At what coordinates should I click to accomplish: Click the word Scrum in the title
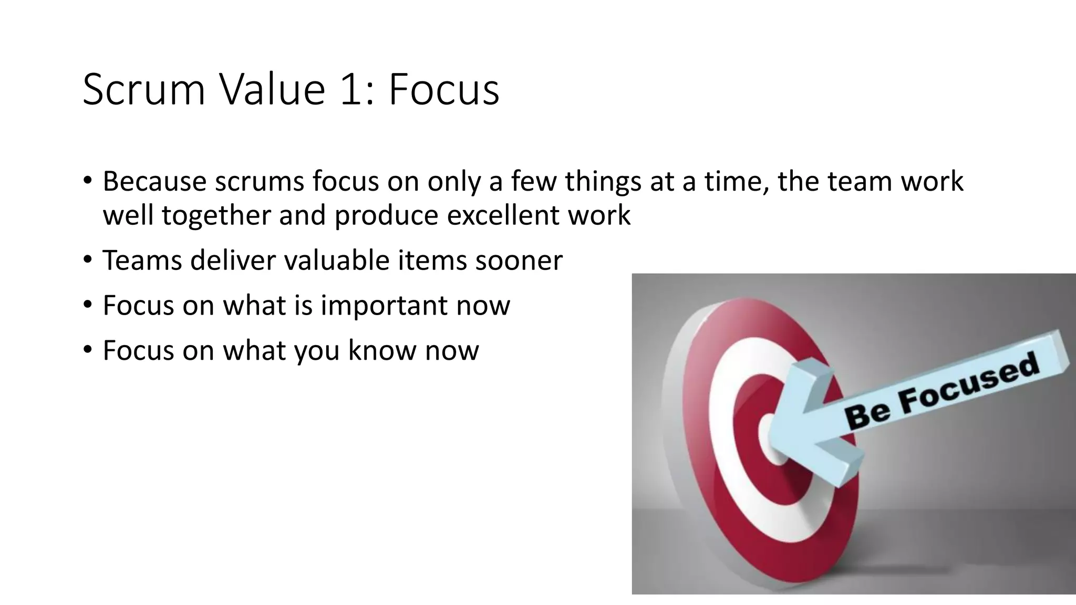pyautogui.click(x=143, y=89)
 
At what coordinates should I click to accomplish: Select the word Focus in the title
pyautogui.click(x=444, y=89)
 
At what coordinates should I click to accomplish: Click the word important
pyautogui.click(x=384, y=306)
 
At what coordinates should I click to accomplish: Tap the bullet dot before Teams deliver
pyautogui.click(x=88, y=259)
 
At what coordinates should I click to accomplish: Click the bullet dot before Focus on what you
pyautogui.click(x=88, y=349)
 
